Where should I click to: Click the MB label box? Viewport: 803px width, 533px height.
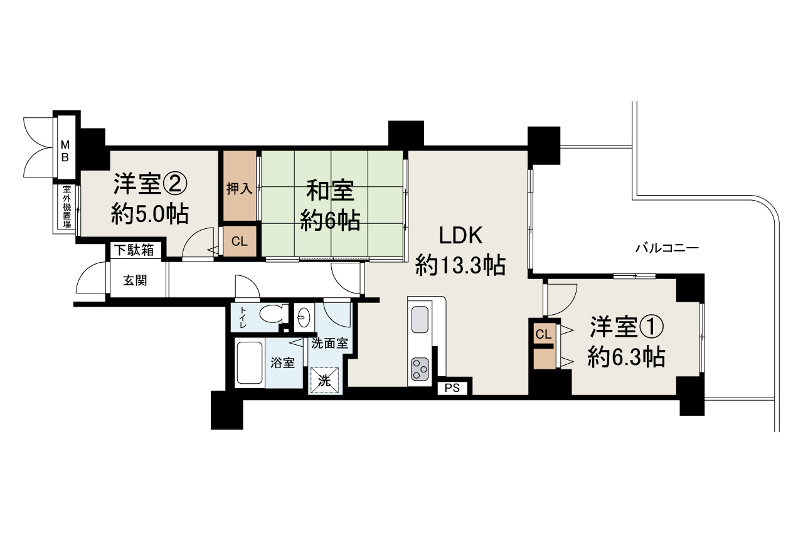[x=65, y=150]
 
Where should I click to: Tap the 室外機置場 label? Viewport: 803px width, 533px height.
[x=66, y=207]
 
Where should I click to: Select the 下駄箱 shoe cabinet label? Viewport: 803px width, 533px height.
[x=134, y=250]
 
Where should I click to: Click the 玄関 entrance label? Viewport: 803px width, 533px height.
[x=135, y=280]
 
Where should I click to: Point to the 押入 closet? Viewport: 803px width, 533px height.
[x=238, y=187]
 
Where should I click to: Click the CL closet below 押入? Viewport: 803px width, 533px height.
[x=239, y=241]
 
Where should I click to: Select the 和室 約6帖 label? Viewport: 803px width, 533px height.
[x=330, y=205]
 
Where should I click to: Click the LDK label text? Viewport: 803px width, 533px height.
[x=460, y=236]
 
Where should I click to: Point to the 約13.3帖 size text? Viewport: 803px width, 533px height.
[x=460, y=266]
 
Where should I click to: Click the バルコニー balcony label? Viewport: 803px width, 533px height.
[x=666, y=248]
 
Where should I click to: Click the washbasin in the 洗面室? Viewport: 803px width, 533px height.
[x=302, y=318]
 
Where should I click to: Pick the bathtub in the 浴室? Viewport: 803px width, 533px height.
[x=250, y=363]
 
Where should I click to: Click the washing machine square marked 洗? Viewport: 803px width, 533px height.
[x=326, y=380]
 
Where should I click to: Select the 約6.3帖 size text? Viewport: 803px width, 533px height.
[x=625, y=357]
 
